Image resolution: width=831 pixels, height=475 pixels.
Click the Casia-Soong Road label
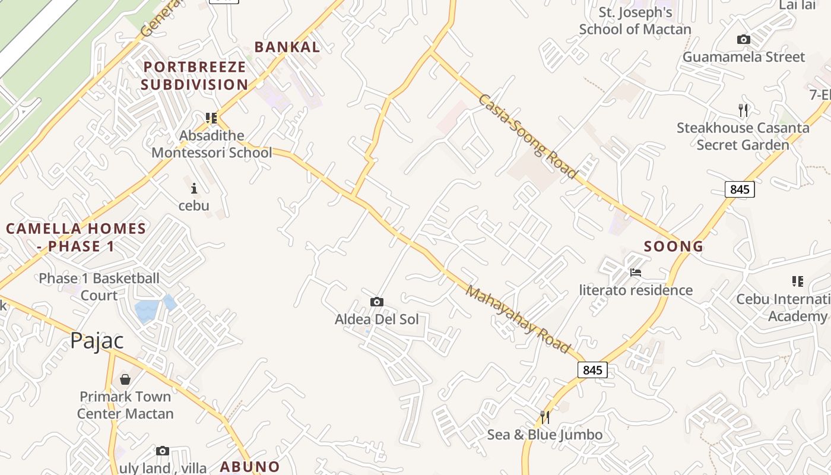coord(528,136)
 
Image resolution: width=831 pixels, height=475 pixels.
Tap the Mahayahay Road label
coord(517,319)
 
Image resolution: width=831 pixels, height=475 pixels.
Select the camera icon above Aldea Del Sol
coord(376,302)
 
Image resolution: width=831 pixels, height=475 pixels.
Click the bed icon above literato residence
coord(636,273)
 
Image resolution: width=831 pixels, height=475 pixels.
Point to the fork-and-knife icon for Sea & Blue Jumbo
coord(545,417)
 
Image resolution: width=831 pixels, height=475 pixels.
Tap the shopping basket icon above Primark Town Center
coord(125,379)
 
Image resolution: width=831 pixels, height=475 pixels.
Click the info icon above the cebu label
coord(194,189)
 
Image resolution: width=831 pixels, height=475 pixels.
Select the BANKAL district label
coord(287,47)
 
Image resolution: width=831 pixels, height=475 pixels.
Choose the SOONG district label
coord(674,246)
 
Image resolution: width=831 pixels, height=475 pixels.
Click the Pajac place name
coord(97,341)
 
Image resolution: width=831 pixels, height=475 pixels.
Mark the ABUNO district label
coord(250,467)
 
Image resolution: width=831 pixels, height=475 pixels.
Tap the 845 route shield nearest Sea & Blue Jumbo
coord(592,370)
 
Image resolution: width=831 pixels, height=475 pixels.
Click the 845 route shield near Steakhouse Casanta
coord(740,189)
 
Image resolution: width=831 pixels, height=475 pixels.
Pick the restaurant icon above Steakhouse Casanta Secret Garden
coord(743,110)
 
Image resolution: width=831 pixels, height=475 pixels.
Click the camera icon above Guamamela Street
coord(743,40)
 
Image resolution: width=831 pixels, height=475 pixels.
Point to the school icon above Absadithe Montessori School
coord(211,118)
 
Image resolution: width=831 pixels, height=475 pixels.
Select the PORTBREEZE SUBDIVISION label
coord(194,75)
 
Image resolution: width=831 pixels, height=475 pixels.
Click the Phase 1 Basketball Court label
coord(99,287)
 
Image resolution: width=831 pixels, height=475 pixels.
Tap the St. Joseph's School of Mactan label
coord(635,21)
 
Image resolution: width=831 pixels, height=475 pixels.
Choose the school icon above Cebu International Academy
coord(797,281)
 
